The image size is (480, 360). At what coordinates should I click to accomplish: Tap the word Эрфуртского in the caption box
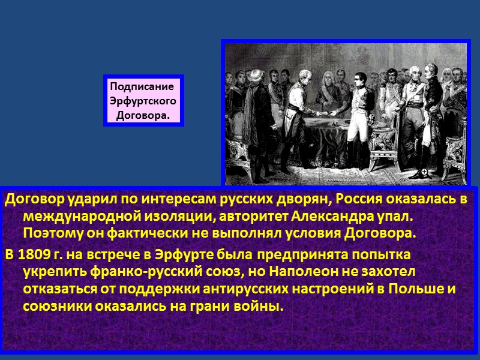tap(143, 100)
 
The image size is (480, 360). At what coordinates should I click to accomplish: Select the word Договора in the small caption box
tap(141, 115)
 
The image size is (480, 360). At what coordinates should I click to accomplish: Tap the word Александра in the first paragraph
tap(320, 215)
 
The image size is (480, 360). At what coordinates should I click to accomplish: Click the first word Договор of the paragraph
tap(31, 199)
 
